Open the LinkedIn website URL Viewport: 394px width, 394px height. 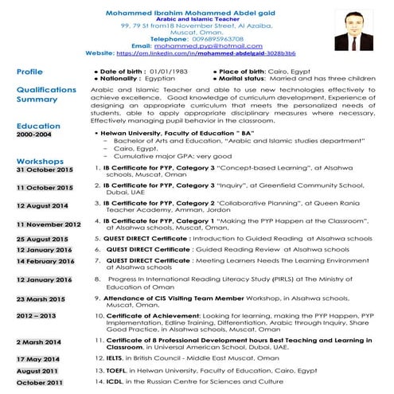pos(205,53)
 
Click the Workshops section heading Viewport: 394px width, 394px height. pos(40,162)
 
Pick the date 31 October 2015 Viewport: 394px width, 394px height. pos(44,170)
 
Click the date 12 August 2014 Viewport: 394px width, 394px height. pos(42,205)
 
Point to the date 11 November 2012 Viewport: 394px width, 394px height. pos(49,224)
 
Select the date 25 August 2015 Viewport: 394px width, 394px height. pos(42,239)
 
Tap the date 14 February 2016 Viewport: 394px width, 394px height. pos(45,261)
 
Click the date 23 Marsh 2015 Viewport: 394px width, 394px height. pos(41,298)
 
